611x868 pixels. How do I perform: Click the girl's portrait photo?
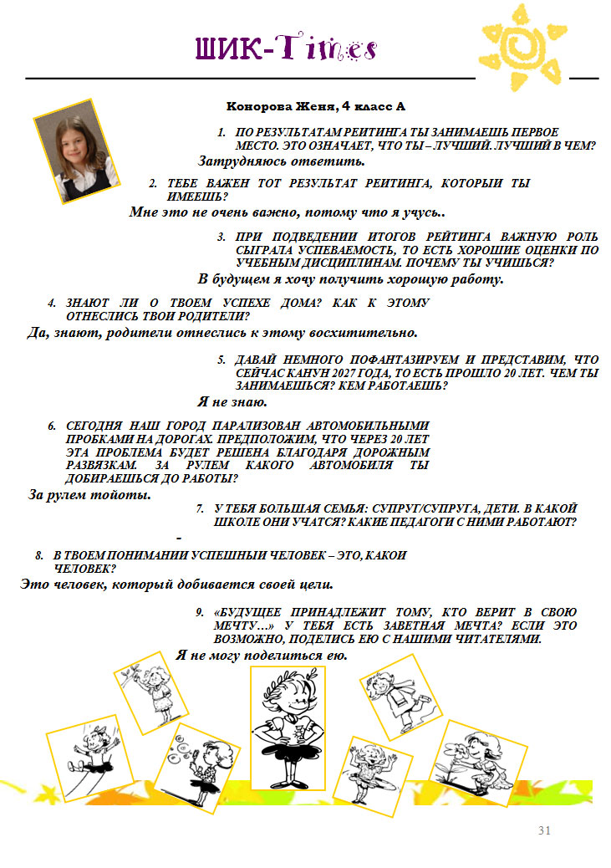[77, 151]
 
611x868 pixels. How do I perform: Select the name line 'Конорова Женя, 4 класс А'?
[315, 106]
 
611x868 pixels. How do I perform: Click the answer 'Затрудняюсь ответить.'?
[282, 161]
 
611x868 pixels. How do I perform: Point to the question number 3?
[221, 237]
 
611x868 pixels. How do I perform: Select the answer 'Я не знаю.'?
[232, 401]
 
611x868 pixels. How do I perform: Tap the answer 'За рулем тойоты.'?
[89, 494]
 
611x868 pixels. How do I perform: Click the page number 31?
[544, 830]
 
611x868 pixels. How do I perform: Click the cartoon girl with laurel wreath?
[288, 728]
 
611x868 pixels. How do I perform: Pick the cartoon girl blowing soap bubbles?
[197, 768]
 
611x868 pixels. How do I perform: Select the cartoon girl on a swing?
[89, 758]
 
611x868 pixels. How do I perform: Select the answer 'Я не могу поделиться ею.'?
[262, 656]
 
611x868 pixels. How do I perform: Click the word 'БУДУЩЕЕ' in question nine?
[247, 612]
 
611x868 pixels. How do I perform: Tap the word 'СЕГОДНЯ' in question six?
[94, 426]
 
